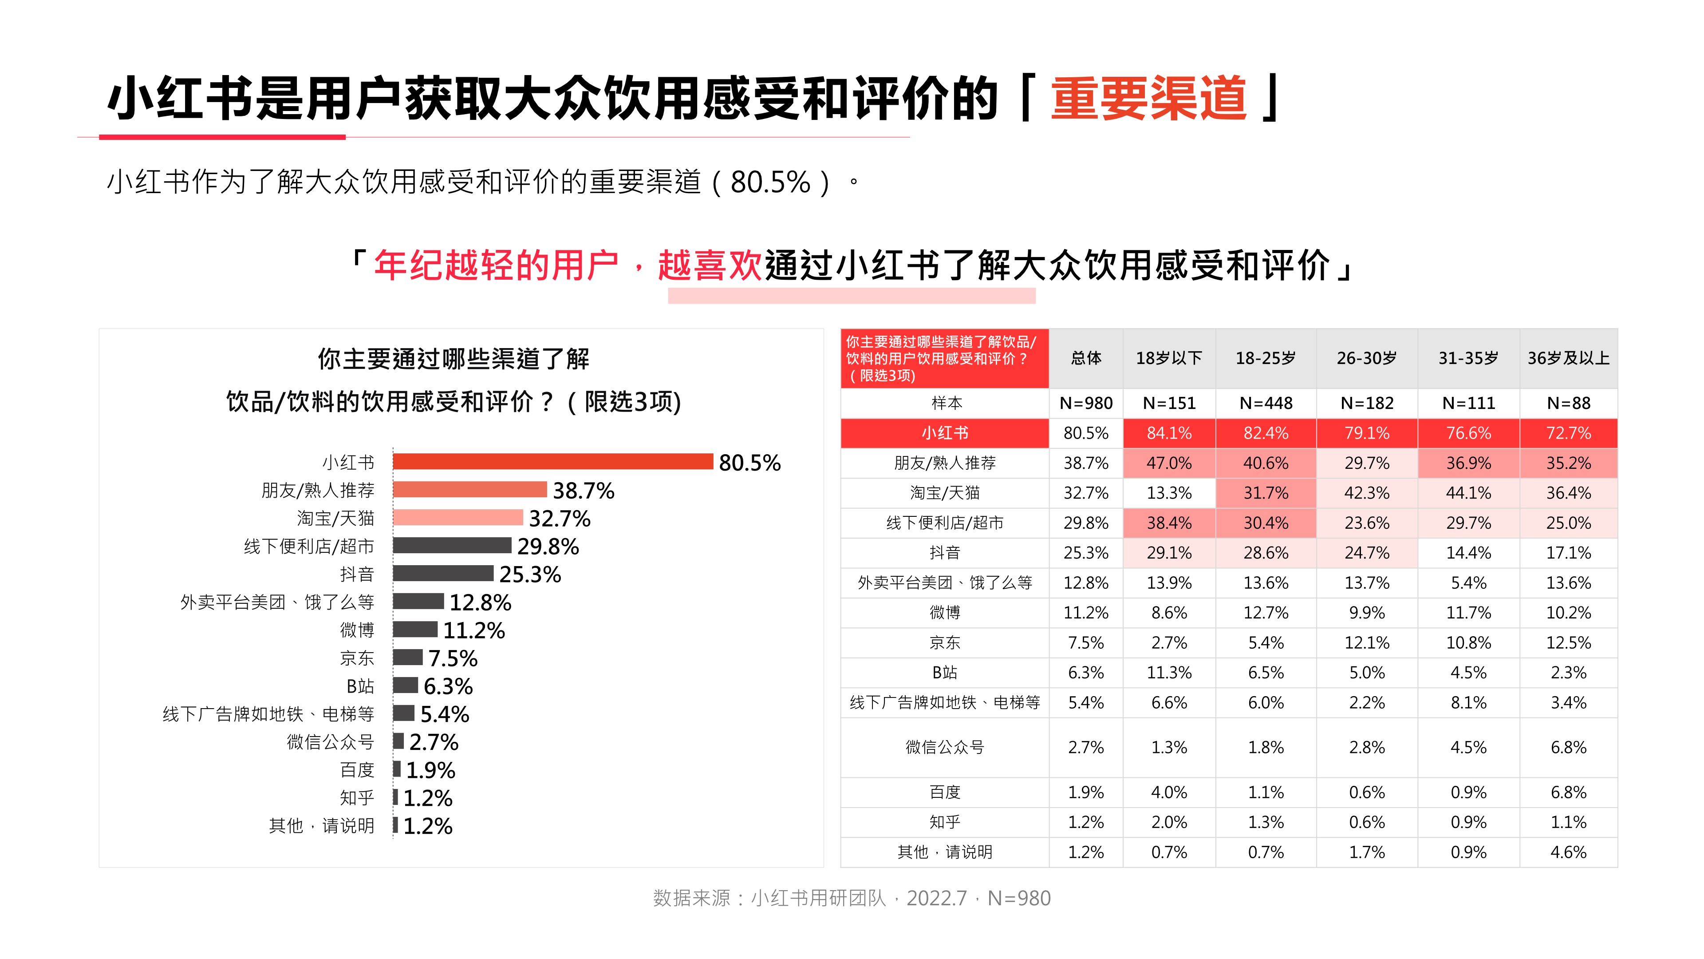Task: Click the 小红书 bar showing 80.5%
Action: pos(552,461)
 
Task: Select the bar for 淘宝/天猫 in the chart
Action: pos(458,518)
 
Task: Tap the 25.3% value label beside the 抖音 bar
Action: pos(530,575)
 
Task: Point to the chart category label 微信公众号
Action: pos(330,742)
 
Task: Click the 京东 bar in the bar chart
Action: pos(407,657)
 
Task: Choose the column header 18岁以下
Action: pos(1169,358)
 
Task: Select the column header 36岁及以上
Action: pos(1568,358)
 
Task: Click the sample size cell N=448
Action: pos(1266,403)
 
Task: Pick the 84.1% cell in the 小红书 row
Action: pos(1169,433)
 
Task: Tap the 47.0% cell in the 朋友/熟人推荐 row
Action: pos(1169,463)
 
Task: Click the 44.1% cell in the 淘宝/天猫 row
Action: pos(1468,493)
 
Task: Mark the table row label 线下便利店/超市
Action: pos(945,523)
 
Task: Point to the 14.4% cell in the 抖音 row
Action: pos(1468,553)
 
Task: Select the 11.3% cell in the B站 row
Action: pos(1169,673)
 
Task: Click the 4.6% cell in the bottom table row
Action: pos(1568,852)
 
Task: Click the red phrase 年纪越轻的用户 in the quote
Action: pos(496,266)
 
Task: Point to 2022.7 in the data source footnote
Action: pos(936,898)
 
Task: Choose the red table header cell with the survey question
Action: pos(945,358)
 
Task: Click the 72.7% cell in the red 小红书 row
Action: pos(1568,433)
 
